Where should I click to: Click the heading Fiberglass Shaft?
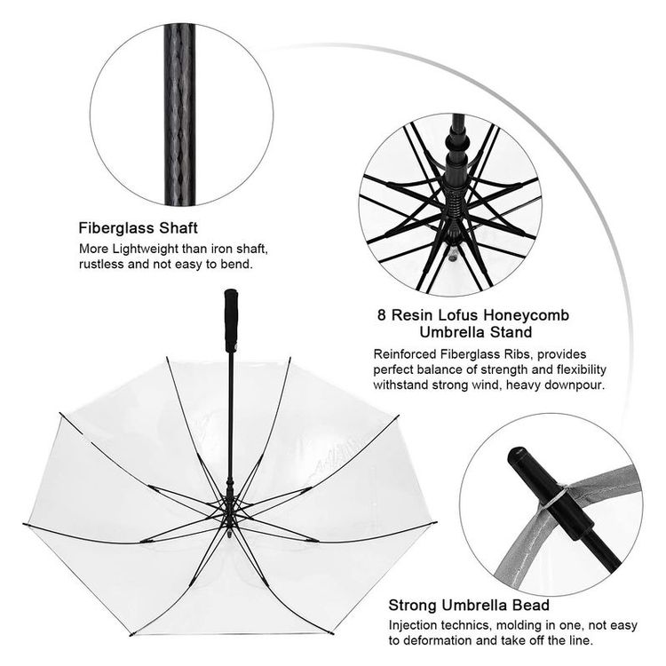[x=138, y=226]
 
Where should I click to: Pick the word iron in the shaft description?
[x=222, y=249]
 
